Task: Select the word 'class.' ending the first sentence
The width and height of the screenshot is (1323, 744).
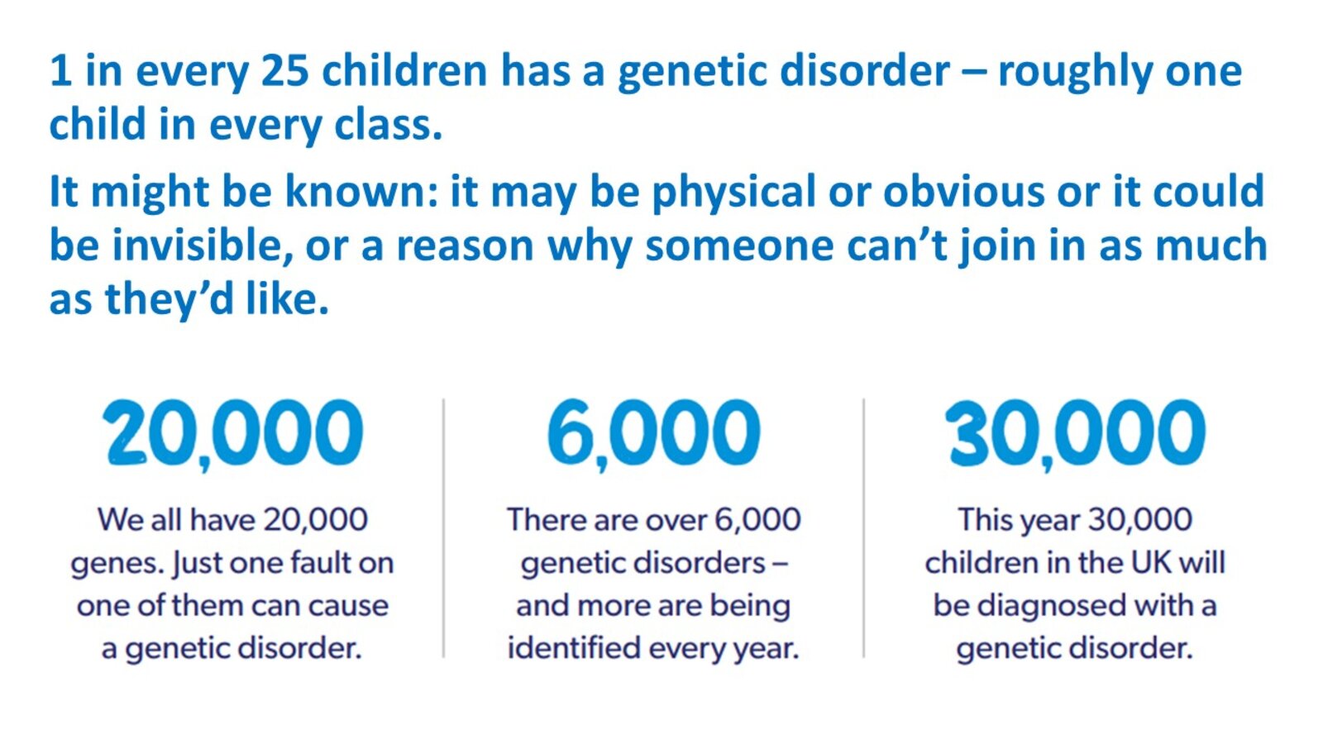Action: click(388, 124)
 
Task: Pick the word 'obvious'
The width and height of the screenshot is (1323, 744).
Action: click(964, 191)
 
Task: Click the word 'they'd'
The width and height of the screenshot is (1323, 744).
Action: click(170, 301)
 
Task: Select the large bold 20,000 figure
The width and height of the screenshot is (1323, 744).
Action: click(233, 434)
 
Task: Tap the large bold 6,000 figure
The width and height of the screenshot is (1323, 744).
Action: click(654, 434)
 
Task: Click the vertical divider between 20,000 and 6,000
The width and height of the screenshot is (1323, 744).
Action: click(443, 528)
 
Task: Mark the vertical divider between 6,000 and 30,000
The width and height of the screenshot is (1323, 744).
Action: click(863, 528)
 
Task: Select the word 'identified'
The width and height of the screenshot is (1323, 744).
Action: click(574, 648)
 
